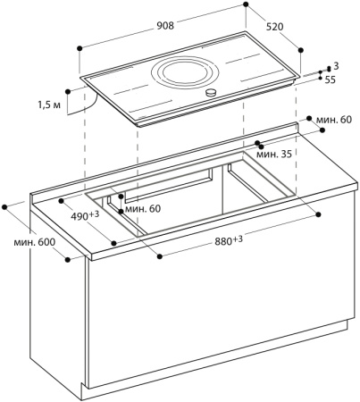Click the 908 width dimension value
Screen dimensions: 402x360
[164, 25]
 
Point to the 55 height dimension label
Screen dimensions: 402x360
[331, 80]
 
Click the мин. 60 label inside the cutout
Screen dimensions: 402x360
[145, 208]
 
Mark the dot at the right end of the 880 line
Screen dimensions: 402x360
[317, 215]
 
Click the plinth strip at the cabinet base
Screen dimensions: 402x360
[214, 392]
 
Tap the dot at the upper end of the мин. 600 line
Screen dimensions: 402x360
[7, 205]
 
